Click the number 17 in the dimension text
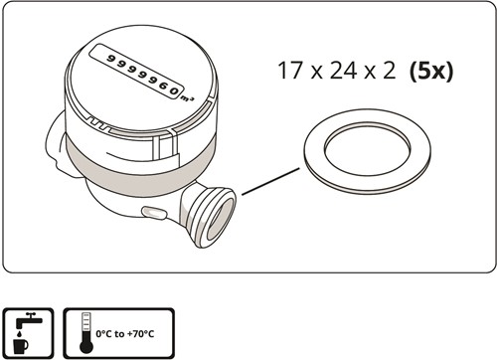click(289, 73)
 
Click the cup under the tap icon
click(25, 345)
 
